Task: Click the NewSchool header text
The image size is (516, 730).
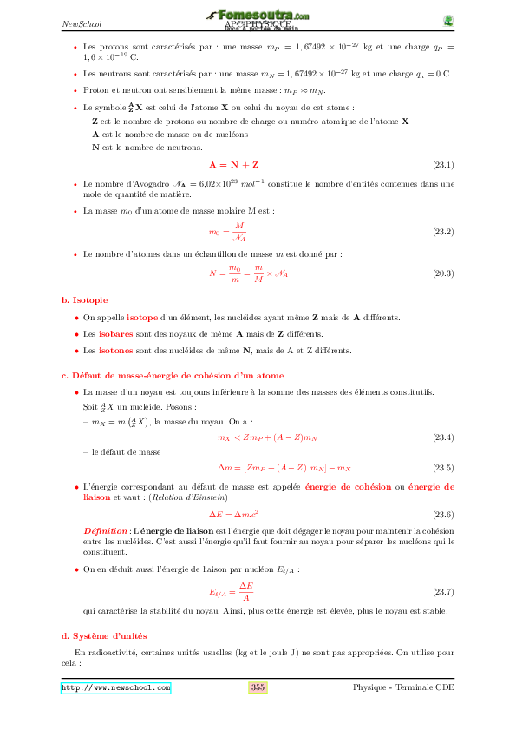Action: (78, 23)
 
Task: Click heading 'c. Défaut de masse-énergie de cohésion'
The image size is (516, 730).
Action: (172, 375)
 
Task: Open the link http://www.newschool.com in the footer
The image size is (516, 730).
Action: (115, 687)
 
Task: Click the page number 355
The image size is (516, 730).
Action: (258, 687)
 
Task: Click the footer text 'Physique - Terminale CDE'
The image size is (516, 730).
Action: (403, 687)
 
